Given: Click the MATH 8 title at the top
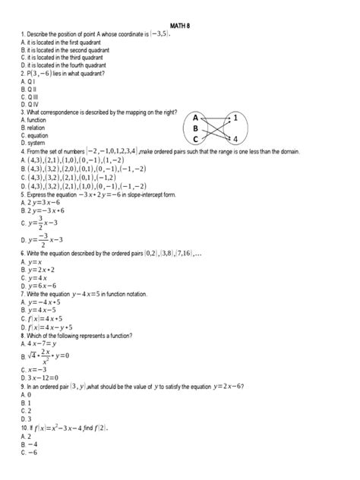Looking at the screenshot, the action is [x=179, y=24].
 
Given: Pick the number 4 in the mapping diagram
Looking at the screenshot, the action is [x=235, y=139].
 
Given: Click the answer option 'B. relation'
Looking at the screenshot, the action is [x=24, y=128].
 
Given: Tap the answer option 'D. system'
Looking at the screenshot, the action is [x=23, y=142].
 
